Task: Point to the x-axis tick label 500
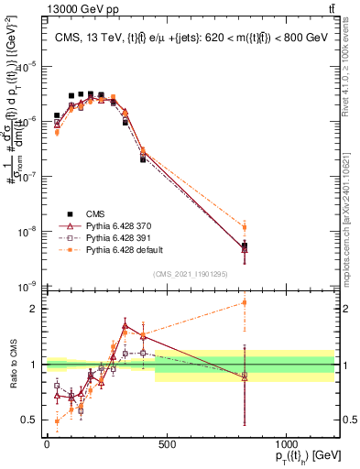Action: pos(167,445)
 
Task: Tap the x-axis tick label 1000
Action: pos(287,445)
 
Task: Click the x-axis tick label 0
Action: pos(47,445)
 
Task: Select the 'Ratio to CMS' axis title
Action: pos(12,364)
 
